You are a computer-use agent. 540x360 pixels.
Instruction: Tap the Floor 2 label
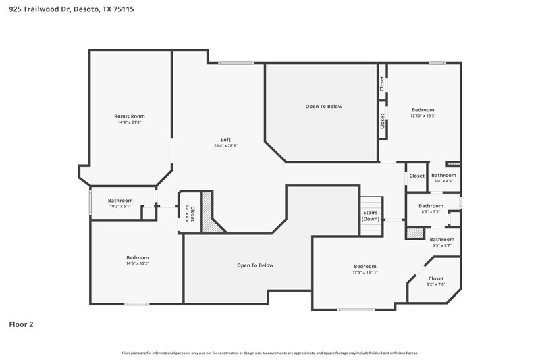point(21,324)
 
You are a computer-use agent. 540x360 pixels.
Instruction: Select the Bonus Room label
point(129,116)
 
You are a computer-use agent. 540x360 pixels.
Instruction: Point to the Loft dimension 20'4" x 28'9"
point(226,145)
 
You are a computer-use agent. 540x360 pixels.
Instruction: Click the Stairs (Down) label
point(371,216)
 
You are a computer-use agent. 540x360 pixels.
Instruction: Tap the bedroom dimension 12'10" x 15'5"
point(423,115)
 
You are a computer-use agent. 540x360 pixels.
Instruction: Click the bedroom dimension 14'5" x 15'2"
point(137,263)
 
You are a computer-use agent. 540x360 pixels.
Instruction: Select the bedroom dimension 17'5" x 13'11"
point(364,272)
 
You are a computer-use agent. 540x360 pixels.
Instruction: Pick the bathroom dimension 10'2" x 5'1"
point(120,207)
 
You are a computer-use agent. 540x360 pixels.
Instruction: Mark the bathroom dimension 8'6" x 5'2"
point(431,212)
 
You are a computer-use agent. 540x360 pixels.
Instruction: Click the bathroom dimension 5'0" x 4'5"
point(443,180)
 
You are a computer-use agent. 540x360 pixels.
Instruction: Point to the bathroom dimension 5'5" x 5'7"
point(442,245)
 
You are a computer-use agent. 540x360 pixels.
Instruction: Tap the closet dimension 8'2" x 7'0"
point(436,284)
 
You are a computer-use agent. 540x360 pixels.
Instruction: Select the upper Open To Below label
point(324,106)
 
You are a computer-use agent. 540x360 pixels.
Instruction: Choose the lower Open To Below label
point(255,265)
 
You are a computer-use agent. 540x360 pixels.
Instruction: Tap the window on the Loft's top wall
point(236,63)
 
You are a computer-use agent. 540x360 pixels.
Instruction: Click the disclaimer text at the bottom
point(269,353)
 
